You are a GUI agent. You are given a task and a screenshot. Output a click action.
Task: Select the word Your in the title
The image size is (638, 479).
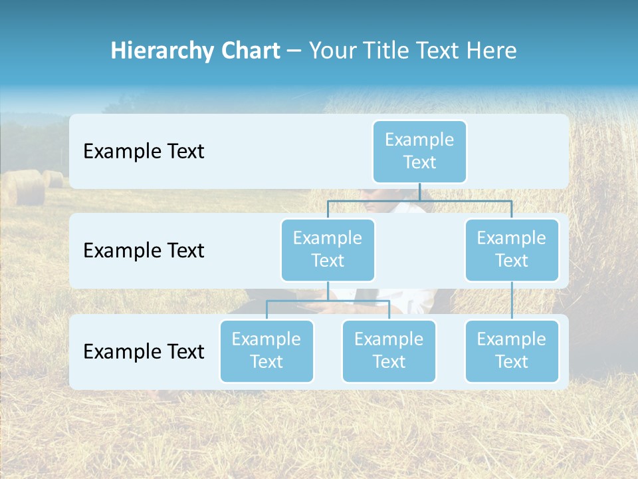click(332, 51)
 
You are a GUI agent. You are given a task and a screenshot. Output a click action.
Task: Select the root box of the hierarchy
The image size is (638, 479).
click(419, 151)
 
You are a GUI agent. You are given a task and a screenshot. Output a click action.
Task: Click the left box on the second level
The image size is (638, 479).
click(328, 249)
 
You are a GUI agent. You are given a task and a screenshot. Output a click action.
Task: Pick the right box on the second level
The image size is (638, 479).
click(512, 249)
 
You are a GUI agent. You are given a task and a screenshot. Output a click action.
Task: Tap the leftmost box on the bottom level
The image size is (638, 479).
click(266, 351)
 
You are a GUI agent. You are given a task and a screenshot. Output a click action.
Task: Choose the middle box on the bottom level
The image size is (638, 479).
click(389, 351)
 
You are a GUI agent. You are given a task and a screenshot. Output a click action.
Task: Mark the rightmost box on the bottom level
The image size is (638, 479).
click(512, 351)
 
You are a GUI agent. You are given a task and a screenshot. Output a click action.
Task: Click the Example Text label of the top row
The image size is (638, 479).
click(144, 152)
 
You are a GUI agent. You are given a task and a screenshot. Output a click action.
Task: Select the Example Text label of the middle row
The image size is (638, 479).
click(144, 251)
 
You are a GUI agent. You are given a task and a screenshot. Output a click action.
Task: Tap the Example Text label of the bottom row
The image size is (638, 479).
click(144, 351)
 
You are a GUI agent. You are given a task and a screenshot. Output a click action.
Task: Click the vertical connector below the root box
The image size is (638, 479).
click(419, 192)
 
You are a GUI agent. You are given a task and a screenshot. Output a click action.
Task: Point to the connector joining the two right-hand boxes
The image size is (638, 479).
click(512, 300)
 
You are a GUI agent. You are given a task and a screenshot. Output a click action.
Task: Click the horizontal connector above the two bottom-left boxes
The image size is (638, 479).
click(328, 301)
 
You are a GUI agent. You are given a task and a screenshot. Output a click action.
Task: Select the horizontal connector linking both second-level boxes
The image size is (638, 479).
click(419, 200)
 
